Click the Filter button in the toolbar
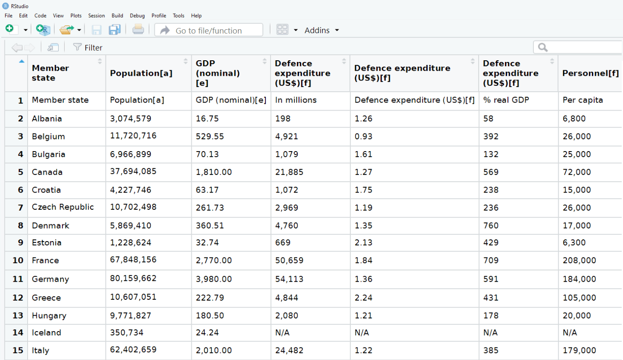pyautogui.click(x=88, y=47)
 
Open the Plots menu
pyautogui.click(x=76, y=16)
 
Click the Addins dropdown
pyautogui.click(x=321, y=30)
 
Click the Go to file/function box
pyautogui.click(x=209, y=30)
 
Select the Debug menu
pyautogui.click(x=137, y=16)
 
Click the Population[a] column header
pyautogui.click(x=141, y=73)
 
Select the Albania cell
pyautogui.click(x=47, y=118)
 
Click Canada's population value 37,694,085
pyautogui.click(x=133, y=171)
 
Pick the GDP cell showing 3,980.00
pyautogui.click(x=214, y=279)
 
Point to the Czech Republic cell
pyautogui.click(x=62, y=207)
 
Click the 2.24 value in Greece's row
pyautogui.click(x=364, y=298)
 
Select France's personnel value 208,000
pyautogui.click(x=579, y=260)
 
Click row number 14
pyautogui.click(x=18, y=332)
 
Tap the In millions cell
pyautogui.click(x=296, y=100)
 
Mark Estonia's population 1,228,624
pyautogui.click(x=131, y=242)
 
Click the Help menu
pyautogui.click(x=196, y=16)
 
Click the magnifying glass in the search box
pyautogui.click(x=543, y=47)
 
